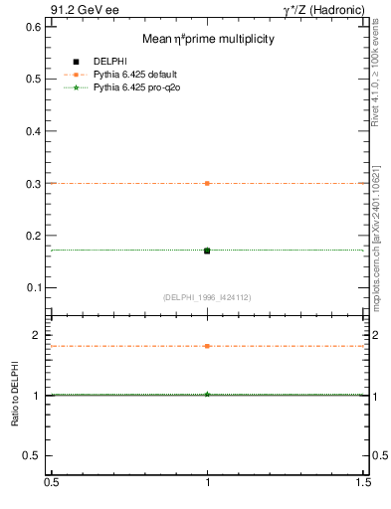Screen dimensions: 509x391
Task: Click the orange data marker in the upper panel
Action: (x=207, y=183)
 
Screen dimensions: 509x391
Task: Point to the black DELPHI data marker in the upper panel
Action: (x=207, y=251)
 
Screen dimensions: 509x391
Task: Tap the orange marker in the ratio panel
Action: (x=207, y=346)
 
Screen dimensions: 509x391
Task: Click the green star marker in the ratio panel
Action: (x=207, y=395)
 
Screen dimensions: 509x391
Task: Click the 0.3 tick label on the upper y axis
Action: (x=31, y=184)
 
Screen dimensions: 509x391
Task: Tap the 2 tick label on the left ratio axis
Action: (x=36, y=335)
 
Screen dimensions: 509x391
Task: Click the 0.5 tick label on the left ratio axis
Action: (x=31, y=455)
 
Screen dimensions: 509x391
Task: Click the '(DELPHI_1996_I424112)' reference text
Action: (x=207, y=297)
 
